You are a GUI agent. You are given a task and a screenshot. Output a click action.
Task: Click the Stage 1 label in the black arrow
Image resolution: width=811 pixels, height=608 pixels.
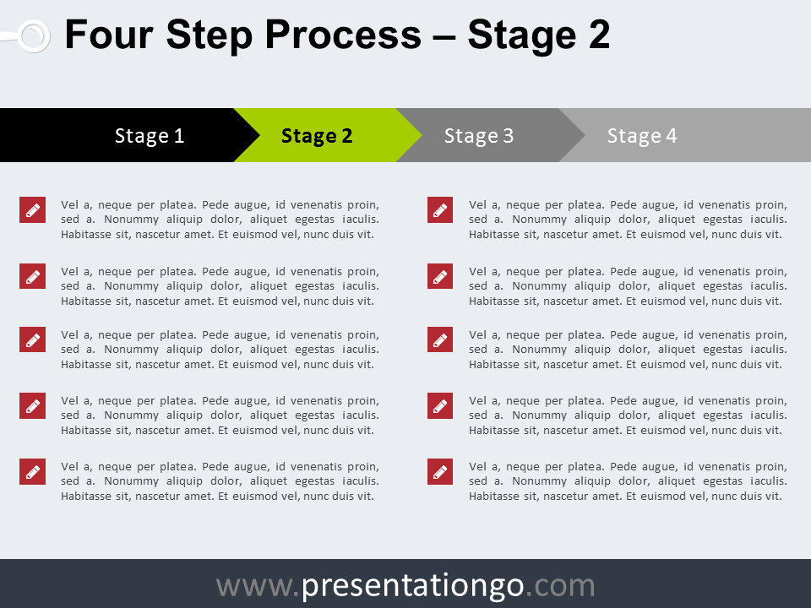pos(150,136)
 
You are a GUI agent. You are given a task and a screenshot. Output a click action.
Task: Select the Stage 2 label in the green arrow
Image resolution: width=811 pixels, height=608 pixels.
pos(317,136)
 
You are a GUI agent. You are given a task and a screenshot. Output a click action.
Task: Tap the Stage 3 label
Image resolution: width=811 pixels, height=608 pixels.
pos(479,136)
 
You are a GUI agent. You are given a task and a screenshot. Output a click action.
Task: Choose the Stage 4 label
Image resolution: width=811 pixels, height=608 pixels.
pos(642,136)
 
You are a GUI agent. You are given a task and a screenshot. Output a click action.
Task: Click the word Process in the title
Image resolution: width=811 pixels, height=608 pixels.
pos(344,35)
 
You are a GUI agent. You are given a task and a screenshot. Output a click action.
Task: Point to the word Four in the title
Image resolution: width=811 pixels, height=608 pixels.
pos(109,35)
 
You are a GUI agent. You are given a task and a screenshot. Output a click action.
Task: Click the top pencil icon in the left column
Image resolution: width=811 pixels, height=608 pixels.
pos(33,210)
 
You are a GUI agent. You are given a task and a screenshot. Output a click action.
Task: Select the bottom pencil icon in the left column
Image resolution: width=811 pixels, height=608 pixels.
pos(33,471)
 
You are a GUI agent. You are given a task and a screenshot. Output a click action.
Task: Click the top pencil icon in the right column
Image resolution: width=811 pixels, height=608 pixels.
pos(440,210)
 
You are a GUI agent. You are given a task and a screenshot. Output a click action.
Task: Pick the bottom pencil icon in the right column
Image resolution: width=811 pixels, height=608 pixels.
pos(440,471)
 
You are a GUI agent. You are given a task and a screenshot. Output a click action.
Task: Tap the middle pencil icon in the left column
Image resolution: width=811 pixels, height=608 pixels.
pos(33,339)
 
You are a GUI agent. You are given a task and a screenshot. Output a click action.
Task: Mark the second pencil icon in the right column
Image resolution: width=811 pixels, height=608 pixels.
pos(440,276)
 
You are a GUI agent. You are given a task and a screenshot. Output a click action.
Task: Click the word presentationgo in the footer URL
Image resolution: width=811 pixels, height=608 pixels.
pos(413,587)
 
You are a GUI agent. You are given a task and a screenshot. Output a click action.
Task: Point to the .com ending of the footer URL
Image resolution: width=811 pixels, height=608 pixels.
pos(560,587)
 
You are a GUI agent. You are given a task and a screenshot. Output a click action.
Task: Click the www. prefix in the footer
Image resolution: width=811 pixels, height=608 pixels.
pos(259,587)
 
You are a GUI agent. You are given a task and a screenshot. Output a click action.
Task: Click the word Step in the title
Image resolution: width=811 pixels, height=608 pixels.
pos(210,35)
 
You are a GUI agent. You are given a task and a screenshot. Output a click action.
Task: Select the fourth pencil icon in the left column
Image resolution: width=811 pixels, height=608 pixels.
pos(33,405)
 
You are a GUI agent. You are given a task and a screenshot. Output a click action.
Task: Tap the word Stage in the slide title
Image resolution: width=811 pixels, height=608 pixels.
pos(522,35)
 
